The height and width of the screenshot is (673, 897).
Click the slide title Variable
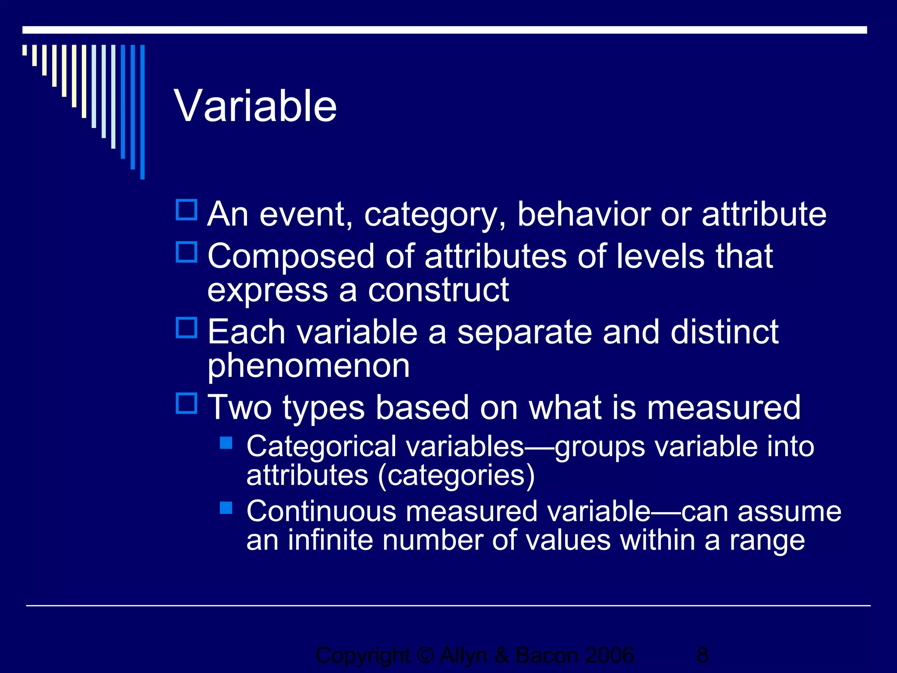255,106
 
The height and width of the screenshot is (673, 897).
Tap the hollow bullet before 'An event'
187,210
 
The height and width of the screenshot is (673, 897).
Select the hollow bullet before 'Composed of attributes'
187,252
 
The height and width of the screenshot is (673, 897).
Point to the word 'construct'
438,290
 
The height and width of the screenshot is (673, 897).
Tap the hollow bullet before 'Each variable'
187,328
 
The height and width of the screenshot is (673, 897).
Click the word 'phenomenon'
308,366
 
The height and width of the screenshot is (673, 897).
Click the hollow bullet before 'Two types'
187,403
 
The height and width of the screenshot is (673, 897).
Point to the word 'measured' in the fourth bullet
724,407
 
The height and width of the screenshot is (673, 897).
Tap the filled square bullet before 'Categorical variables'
226,443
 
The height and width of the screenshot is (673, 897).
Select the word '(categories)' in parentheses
456,476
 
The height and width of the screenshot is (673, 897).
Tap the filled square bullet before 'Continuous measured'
226,508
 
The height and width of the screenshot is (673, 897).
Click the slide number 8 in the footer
702,655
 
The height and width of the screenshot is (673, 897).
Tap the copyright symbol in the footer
425,655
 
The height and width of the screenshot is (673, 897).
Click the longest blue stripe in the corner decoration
142,112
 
